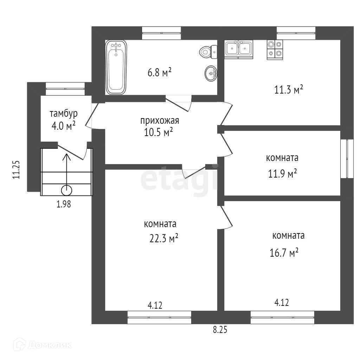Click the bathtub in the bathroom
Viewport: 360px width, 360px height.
coord(116,67)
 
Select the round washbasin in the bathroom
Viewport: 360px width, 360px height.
coord(211,73)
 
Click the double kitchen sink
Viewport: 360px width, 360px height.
coord(239,49)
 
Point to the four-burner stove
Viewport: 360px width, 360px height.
coord(275,50)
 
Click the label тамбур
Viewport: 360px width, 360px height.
coord(64,114)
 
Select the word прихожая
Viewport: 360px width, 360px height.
coord(160,121)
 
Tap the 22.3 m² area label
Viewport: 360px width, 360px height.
coord(164,238)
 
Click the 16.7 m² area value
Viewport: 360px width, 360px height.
coord(284,252)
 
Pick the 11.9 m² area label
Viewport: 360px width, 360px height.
coord(282,174)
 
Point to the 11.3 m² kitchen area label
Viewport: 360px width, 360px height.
coord(289,89)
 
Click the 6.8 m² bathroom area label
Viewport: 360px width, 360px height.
coord(160,72)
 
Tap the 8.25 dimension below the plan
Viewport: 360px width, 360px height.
coord(220,330)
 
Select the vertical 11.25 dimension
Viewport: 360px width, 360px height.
coord(16,169)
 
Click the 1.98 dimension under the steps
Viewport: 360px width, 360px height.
coord(64,204)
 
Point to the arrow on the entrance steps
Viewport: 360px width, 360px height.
coord(66,172)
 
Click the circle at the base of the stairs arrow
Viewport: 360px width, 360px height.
coord(66,190)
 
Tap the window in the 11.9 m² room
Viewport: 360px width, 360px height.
coord(347,159)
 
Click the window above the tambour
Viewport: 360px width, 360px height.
coord(65,89)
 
